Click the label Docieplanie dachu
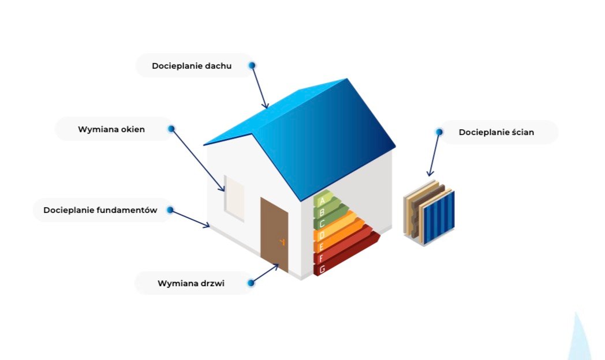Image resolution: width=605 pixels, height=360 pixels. click(192, 66)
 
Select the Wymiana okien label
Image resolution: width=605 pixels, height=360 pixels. click(111, 129)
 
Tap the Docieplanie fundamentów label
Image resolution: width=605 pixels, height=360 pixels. click(100, 210)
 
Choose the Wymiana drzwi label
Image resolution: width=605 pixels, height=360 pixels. click(191, 283)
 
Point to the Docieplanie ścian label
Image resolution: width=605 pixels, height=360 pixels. click(496, 132)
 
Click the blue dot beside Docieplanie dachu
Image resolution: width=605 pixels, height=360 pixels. click(252, 66)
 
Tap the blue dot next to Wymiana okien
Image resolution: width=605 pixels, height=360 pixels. click(171, 129)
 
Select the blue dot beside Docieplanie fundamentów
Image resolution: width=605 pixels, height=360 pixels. click(170, 210)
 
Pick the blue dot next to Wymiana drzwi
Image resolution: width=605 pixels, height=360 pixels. click(251, 283)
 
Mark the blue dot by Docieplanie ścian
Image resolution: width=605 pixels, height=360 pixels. click(439, 132)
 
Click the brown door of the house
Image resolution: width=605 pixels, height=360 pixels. click(274, 234)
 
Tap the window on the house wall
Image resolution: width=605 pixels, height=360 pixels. click(234, 198)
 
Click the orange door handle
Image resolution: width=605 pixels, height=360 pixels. click(282, 242)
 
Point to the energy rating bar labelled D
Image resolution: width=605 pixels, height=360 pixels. click(335, 228)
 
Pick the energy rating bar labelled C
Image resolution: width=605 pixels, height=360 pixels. click(330, 217)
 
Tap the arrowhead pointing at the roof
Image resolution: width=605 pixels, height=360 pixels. click(266, 105)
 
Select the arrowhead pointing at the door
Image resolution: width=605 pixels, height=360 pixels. click(275, 267)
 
